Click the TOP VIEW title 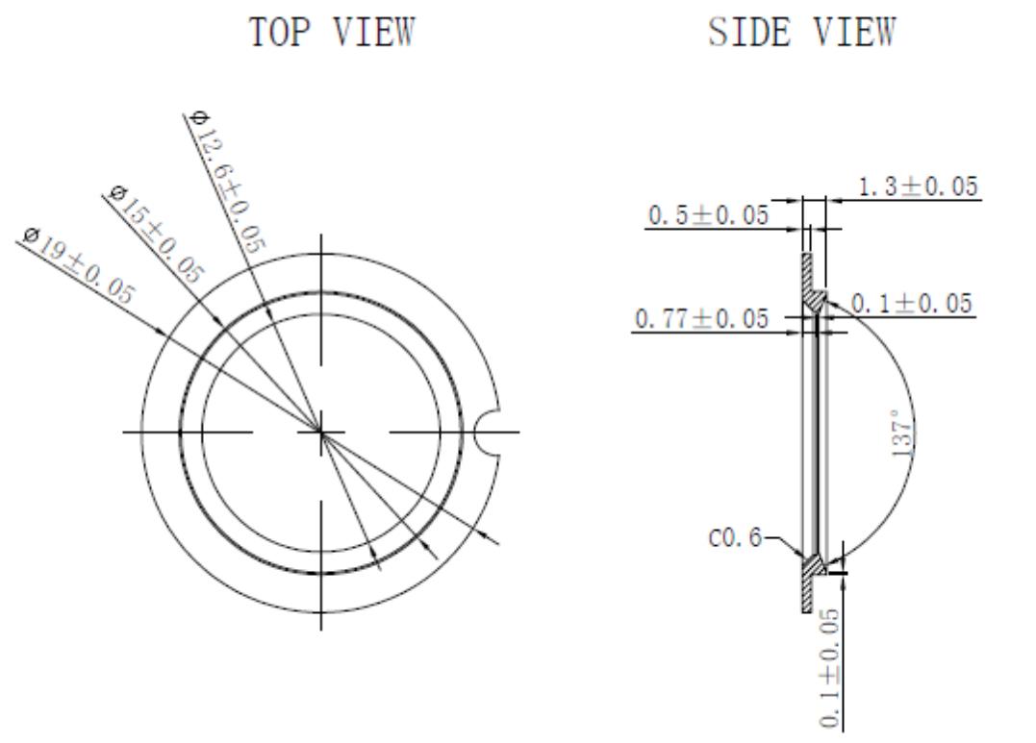click(x=332, y=33)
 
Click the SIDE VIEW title click(x=800, y=33)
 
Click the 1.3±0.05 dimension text click(x=915, y=186)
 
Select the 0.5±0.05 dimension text click(x=708, y=215)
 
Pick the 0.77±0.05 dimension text click(x=701, y=318)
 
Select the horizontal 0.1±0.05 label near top click(x=910, y=305)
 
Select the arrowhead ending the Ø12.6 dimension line click(x=374, y=565)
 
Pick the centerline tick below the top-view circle click(x=321, y=615)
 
